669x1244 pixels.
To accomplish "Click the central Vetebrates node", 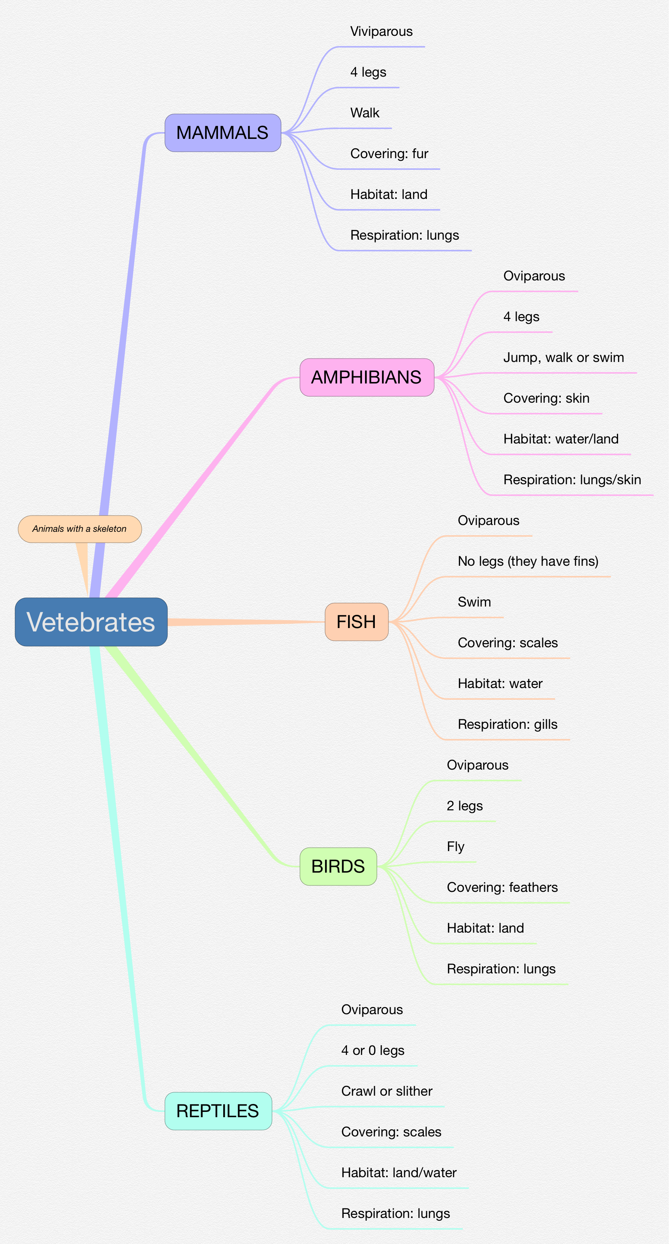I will (x=91, y=622).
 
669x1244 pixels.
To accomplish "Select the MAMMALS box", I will (x=222, y=133).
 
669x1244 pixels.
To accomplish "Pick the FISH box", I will (x=356, y=622).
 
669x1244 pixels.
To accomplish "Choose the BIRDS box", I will (x=338, y=866).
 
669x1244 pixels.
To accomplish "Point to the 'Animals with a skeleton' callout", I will (x=80, y=529).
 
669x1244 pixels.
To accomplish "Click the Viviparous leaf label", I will (x=381, y=32).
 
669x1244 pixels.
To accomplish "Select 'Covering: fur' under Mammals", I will (x=389, y=154).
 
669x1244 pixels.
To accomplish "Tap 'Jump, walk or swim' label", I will (x=563, y=358).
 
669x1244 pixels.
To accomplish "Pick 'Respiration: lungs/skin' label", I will (x=572, y=480).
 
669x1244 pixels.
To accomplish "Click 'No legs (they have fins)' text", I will (x=528, y=562).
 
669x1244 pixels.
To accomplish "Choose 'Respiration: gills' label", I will (x=507, y=724).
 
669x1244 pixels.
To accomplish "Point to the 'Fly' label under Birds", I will (x=455, y=847).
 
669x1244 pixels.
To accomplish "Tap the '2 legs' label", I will (x=464, y=806).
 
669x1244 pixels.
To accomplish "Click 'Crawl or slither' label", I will (x=387, y=1091).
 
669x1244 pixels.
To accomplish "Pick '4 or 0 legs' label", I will (x=373, y=1050).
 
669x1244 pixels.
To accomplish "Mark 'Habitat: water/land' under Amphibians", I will (x=560, y=439).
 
